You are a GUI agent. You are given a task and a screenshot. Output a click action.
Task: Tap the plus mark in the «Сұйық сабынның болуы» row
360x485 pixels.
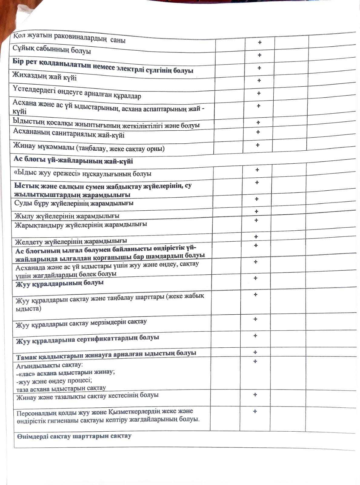(259, 55)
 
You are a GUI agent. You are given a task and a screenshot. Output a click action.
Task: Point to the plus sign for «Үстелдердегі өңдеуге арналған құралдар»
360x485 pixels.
(259, 93)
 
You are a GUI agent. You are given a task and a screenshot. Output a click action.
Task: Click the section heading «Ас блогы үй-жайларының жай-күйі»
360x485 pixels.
(73, 160)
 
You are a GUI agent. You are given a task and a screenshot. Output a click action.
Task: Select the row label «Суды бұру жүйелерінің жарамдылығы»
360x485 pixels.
(74, 203)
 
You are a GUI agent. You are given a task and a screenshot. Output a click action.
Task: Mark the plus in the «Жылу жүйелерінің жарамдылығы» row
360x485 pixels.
(256, 212)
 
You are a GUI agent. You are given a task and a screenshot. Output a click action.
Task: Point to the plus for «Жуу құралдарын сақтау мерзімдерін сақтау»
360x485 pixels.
(255, 319)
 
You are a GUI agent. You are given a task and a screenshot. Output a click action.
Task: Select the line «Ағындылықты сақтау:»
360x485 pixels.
(50, 365)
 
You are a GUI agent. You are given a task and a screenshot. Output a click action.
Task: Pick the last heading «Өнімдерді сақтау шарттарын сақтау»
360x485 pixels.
(74, 436)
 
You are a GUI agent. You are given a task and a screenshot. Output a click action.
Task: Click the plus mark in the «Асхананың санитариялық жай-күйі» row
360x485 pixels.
(258, 132)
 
